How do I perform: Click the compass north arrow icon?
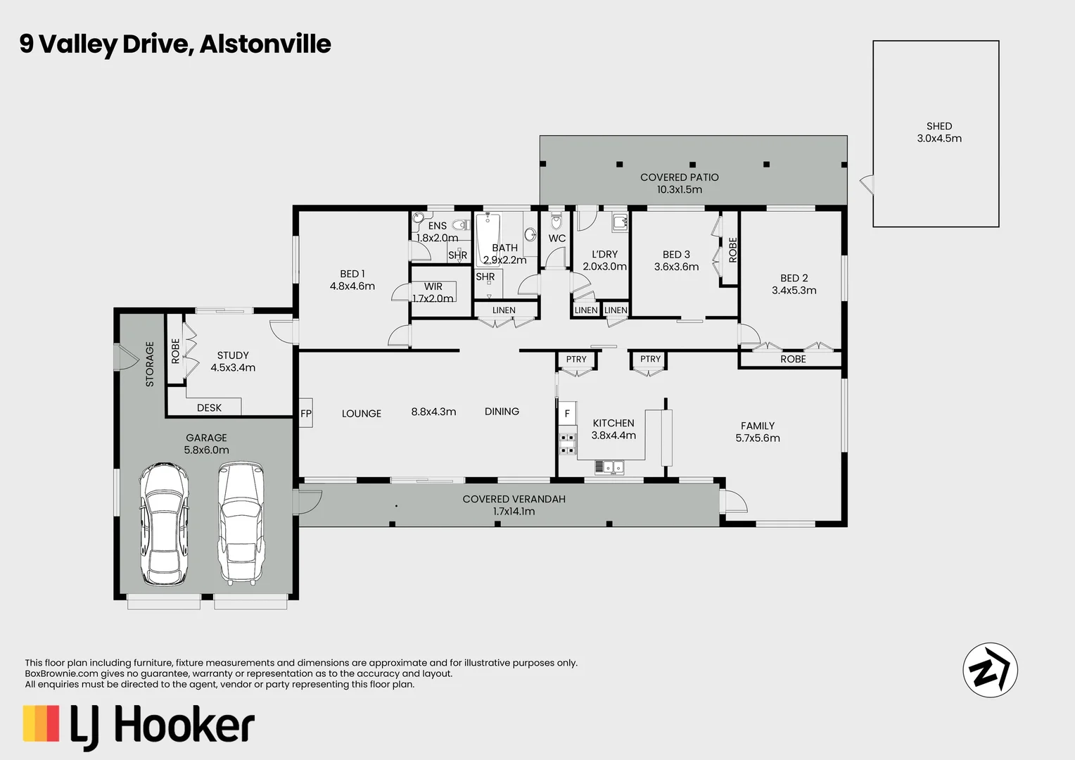(x=990, y=669)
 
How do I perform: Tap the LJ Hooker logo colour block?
(x=41, y=723)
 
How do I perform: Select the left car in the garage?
(x=164, y=524)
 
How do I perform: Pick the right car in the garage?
(x=241, y=523)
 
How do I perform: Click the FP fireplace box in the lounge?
(x=306, y=414)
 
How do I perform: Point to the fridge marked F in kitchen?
(x=567, y=414)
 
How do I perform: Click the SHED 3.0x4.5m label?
(x=939, y=132)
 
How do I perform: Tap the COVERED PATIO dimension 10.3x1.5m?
(x=679, y=189)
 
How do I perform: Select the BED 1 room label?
(x=352, y=274)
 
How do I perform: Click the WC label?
(x=556, y=239)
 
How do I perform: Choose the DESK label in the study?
(x=209, y=407)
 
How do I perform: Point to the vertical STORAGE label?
(x=149, y=364)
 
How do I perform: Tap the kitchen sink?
(x=609, y=466)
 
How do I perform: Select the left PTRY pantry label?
(x=575, y=359)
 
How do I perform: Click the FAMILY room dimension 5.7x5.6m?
(x=757, y=438)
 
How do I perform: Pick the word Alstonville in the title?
(x=265, y=44)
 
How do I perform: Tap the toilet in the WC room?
(x=556, y=222)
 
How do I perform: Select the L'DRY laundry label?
(x=604, y=254)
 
